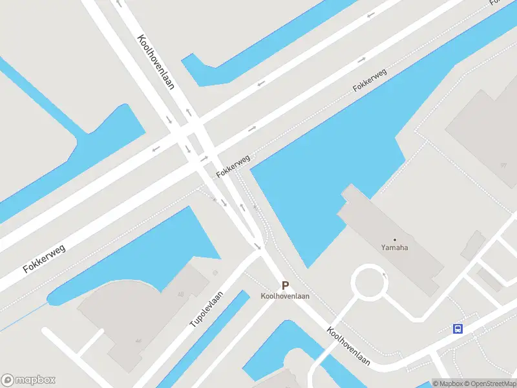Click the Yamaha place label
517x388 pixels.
pyautogui.click(x=395, y=248)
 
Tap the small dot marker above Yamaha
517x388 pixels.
pyautogui.click(x=395, y=240)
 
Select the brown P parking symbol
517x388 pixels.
pyautogui.click(x=285, y=285)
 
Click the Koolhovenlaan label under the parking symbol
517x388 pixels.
pyautogui.click(x=285, y=296)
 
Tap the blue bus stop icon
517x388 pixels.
pyautogui.click(x=458, y=329)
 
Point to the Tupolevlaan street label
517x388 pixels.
pyautogui.click(x=206, y=308)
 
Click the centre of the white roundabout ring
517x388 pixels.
pyautogui.click(x=369, y=283)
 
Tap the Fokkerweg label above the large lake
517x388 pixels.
pyautogui.click(x=370, y=80)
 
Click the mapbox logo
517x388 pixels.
pyautogui.click(x=28, y=380)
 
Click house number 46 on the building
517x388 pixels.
pyautogui.click(x=138, y=341)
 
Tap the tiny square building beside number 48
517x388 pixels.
pyautogui.click(x=215, y=273)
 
